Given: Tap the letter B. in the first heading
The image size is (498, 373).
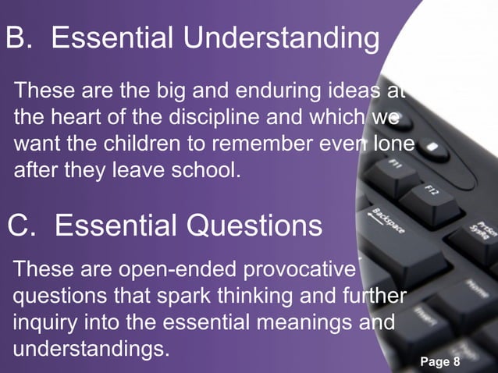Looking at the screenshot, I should coord(21,38).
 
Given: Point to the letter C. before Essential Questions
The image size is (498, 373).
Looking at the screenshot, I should coord(22,226).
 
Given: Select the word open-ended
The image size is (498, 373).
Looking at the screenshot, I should coord(171,271).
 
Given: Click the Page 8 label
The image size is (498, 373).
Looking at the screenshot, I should coord(440,361).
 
